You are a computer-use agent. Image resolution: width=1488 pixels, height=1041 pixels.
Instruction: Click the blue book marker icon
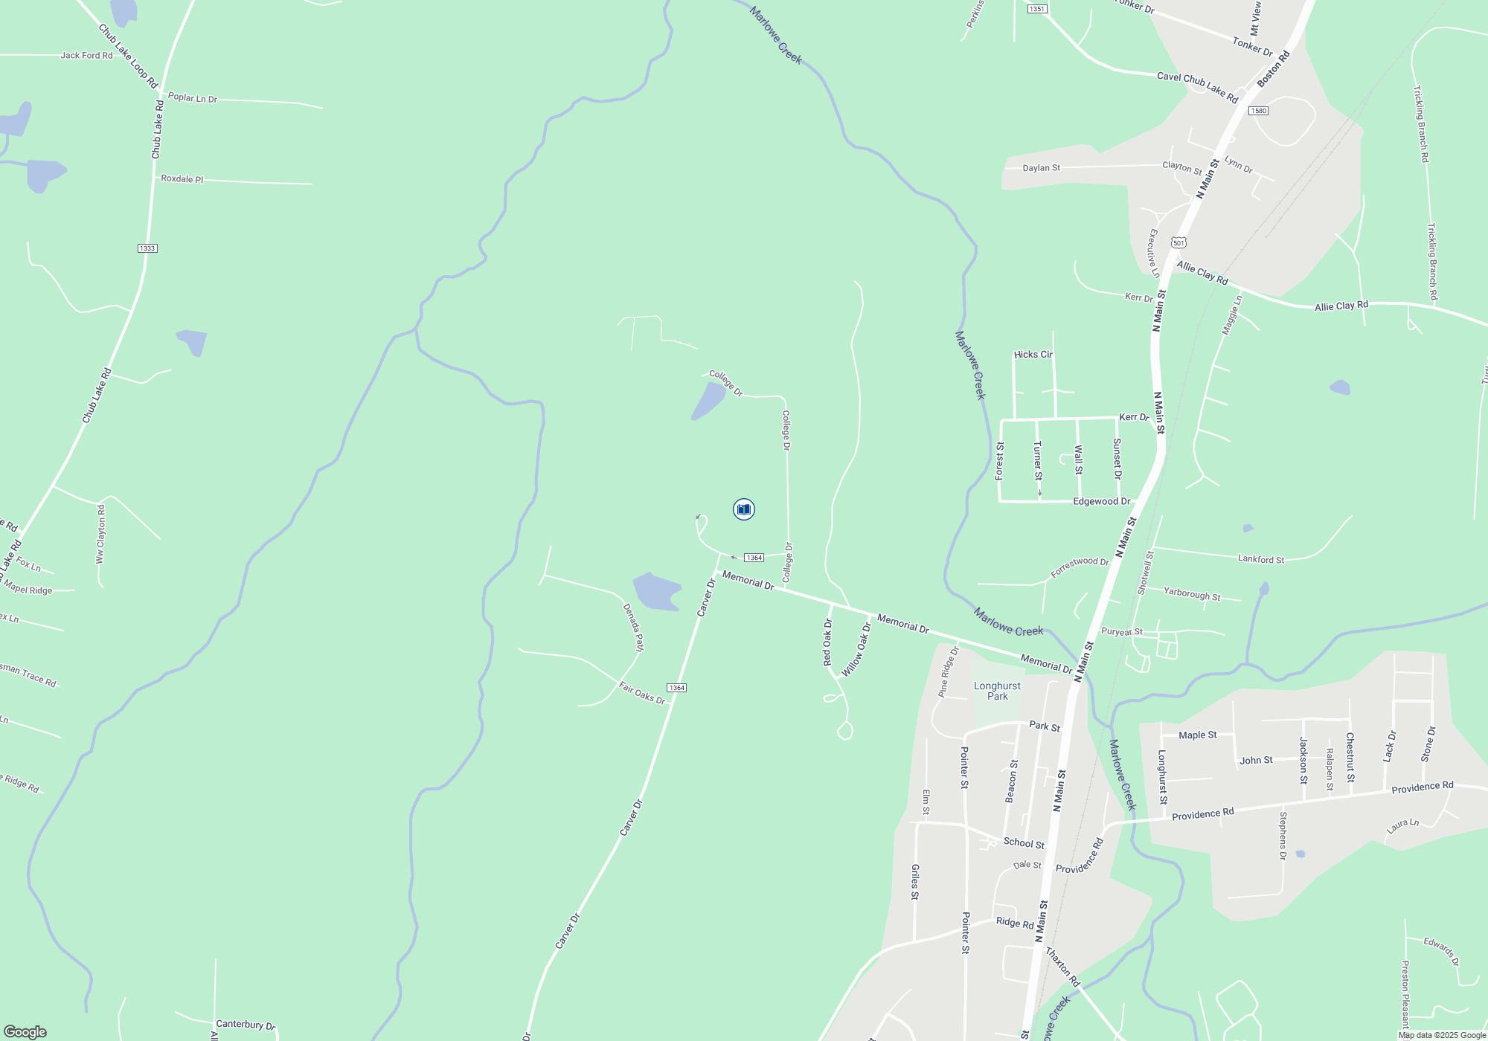[x=743, y=509]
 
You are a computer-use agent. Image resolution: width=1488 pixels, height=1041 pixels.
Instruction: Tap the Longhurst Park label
[x=997, y=691]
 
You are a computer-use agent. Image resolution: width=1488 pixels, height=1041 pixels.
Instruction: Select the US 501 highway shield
[x=1178, y=242]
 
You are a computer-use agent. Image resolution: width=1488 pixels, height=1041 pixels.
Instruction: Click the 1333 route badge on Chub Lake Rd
[x=147, y=248]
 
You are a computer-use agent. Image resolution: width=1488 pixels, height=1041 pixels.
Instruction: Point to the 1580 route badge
[x=1257, y=111]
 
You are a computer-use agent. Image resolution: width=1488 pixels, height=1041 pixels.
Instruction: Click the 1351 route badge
[x=1036, y=9]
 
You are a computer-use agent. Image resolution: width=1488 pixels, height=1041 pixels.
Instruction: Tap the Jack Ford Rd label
[x=86, y=56]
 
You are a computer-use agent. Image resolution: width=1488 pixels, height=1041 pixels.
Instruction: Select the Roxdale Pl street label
[x=182, y=179]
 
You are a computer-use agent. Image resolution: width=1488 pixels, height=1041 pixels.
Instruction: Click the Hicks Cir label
[x=1033, y=355]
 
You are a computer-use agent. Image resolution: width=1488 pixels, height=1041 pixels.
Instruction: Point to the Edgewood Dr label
[x=1101, y=501]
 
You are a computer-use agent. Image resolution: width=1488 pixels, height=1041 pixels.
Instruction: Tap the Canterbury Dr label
[x=245, y=1024]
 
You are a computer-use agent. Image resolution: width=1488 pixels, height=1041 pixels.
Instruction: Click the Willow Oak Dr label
[x=856, y=650]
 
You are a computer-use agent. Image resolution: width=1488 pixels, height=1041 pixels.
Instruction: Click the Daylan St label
[x=1041, y=168]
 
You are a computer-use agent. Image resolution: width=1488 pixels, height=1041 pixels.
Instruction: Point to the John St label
[x=1256, y=760]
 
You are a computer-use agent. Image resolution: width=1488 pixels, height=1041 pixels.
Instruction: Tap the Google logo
[x=25, y=1031]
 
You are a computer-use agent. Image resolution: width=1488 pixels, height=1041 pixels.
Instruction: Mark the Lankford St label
[x=1260, y=559]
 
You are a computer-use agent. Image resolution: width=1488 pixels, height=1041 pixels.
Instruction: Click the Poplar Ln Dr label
[x=192, y=98]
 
